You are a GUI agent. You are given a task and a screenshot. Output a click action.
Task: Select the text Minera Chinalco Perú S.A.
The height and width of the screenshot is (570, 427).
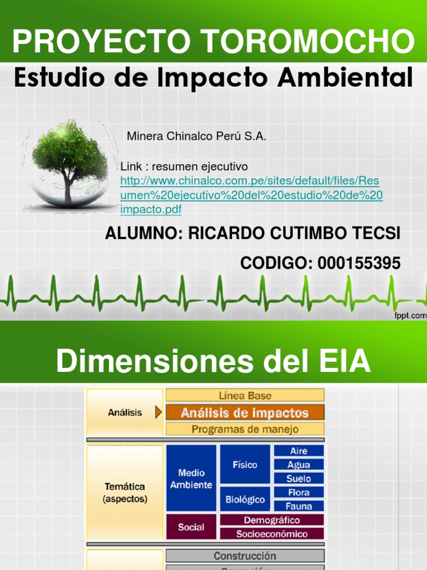[197, 136]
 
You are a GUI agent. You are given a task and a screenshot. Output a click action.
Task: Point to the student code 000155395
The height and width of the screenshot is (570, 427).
[359, 263]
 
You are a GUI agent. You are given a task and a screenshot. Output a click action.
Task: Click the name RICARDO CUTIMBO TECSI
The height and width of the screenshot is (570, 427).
[294, 234]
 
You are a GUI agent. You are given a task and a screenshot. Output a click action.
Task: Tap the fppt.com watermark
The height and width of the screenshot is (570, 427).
[411, 316]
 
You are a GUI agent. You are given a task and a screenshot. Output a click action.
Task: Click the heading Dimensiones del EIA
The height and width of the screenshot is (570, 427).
[213, 362]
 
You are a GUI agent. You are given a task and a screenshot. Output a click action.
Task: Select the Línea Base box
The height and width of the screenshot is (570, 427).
[245, 396]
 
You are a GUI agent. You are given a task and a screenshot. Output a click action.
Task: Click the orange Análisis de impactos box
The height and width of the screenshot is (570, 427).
[245, 413]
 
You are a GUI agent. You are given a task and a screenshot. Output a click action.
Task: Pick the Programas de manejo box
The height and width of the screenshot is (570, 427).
[245, 429]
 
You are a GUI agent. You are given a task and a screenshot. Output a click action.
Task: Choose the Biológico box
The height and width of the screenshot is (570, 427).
[245, 499]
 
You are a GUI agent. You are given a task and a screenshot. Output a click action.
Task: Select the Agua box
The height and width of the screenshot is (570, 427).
[299, 465]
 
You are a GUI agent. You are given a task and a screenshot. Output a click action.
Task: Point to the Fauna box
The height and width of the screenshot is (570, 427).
[299, 506]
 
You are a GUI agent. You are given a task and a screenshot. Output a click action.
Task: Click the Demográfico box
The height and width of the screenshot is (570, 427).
[272, 520]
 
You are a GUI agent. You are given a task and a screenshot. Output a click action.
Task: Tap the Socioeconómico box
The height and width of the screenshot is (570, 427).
[272, 534]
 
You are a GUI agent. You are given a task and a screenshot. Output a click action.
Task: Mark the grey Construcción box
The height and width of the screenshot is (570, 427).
[245, 556]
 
